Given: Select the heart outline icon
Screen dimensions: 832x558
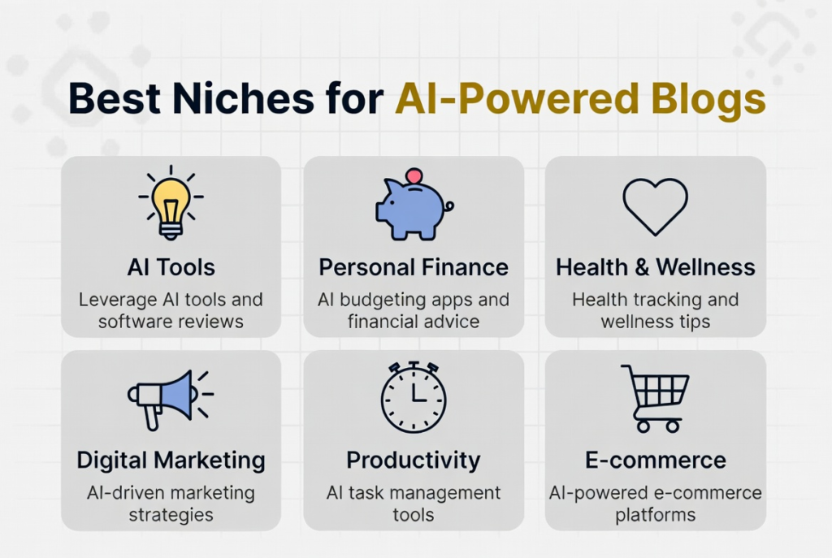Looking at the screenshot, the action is click(x=656, y=206).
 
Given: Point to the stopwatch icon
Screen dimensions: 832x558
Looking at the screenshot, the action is click(x=414, y=397).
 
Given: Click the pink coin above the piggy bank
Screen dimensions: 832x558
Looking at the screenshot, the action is click(x=414, y=176).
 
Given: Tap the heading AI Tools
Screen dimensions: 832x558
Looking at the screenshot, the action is click(x=171, y=267).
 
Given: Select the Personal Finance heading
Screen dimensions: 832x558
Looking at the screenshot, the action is click(x=414, y=267).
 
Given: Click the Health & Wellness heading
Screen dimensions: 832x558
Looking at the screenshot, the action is click(x=656, y=267).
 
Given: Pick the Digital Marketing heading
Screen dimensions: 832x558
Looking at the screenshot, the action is click(x=171, y=461).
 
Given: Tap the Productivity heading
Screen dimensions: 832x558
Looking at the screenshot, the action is click(x=414, y=461).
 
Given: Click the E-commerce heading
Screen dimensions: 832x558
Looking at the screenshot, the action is click(x=656, y=461).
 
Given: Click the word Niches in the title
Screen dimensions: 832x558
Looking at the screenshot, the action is click(x=244, y=98).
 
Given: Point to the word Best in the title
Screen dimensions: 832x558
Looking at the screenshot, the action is click(x=114, y=98).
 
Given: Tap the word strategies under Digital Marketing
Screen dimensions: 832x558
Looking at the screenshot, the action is click(x=171, y=515).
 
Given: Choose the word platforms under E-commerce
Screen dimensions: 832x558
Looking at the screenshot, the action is click(x=656, y=515).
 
